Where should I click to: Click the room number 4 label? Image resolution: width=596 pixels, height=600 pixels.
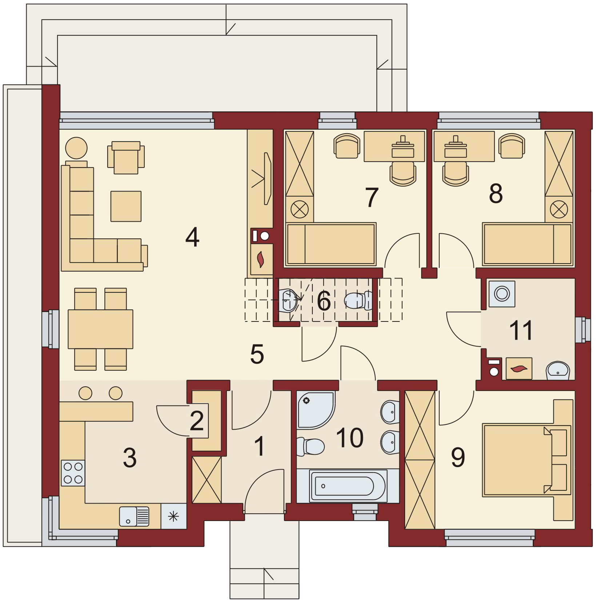tap(192, 237)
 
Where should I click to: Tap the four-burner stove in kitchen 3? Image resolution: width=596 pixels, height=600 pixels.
tap(73, 473)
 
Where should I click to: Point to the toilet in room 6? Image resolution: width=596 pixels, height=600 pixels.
tap(358, 300)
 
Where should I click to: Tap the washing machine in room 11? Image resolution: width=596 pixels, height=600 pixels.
tap(502, 293)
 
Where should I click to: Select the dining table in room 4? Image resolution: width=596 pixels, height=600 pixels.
tap(100, 329)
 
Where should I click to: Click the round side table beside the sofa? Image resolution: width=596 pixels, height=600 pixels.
tap(76, 148)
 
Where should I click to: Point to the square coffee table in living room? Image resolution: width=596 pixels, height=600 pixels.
tap(126, 206)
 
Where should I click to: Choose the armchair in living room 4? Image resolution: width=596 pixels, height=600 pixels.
tap(126, 157)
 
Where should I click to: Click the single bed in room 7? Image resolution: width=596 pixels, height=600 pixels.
tap(331, 244)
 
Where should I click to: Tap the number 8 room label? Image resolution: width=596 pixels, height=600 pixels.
tap(496, 194)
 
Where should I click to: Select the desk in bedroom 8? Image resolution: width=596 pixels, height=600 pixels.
tap(464, 146)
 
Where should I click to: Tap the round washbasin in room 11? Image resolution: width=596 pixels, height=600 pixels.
tap(558, 371)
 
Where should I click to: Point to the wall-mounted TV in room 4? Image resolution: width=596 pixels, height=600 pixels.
tap(267, 178)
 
